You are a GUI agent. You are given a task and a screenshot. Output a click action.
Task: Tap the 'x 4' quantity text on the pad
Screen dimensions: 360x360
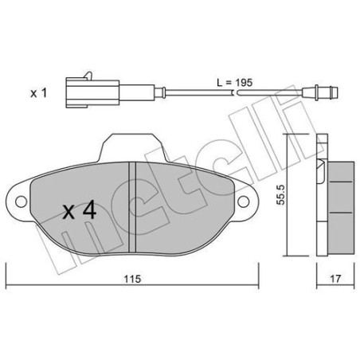point(80,211)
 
